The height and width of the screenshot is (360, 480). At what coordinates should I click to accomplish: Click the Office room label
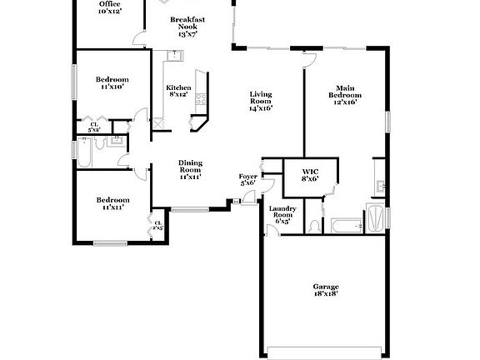pyautogui.click(x=109, y=8)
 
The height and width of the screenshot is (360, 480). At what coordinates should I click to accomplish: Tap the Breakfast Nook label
pyautogui.click(x=187, y=27)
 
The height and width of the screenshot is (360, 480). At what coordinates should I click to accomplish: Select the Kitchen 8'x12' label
pyautogui.click(x=178, y=91)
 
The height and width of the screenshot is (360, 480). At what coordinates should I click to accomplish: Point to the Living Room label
pyautogui.click(x=261, y=101)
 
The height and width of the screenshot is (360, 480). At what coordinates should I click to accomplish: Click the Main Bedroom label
pyautogui.click(x=346, y=94)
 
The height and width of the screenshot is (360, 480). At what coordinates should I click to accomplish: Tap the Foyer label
pyautogui.click(x=248, y=180)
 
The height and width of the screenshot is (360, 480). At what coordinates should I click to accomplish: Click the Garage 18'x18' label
pyautogui.click(x=326, y=290)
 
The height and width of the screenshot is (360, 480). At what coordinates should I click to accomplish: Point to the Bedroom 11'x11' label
pyautogui.click(x=112, y=203)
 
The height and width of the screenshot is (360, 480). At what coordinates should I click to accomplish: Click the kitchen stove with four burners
pyautogui.click(x=199, y=100)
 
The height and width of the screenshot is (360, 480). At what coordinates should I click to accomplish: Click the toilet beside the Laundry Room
pyautogui.click(x=312, y=225)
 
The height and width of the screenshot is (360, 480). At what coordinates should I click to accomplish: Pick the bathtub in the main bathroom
pyautogui.click(x=344, y=225)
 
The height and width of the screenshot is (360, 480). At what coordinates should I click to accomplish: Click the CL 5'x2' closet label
pyautogui.click(x=94, y=127)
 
